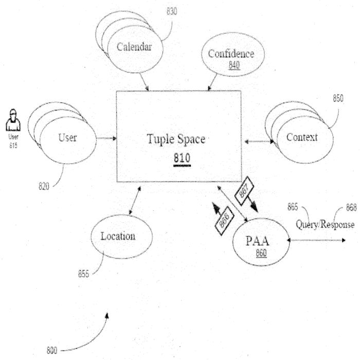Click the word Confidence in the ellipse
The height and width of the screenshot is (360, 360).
(x=231, y=53)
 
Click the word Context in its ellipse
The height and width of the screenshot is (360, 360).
(x=302, y=137)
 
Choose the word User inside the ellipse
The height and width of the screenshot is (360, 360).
(x=67, y=137)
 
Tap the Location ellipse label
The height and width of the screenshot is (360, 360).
(x=118, y=236)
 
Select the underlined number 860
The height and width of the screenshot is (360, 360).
(x=261, y=254)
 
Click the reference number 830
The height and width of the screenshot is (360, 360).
(x=171, y=11)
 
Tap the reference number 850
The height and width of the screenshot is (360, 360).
(x=338, y=99)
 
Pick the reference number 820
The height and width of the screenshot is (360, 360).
(x=45, y=186)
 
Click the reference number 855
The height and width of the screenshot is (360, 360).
(x=84, y=274)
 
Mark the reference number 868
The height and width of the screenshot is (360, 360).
(x=351, y=208)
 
